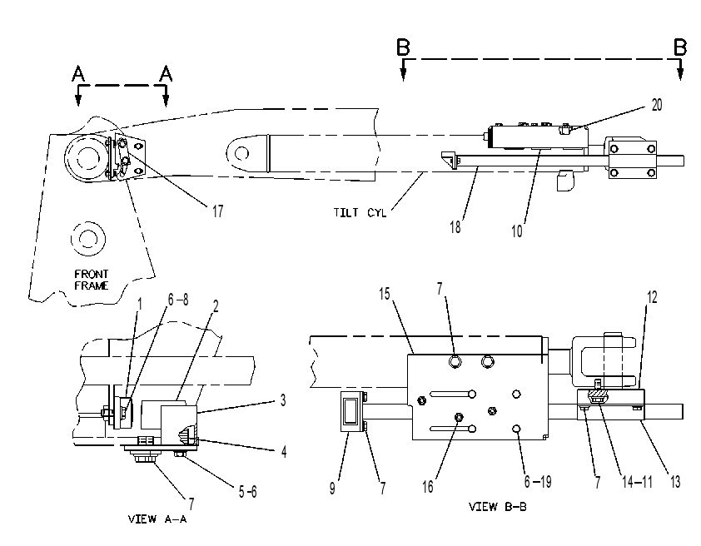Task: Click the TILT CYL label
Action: [x=360, y=212]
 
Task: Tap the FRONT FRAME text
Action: [x=92, y=280]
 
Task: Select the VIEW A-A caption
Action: [x=157, y=519]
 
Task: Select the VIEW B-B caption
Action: [x=498, y=507]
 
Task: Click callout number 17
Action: [x=218, y=211]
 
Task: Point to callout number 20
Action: [x=657, y=105]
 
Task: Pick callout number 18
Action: [x=455, y=227]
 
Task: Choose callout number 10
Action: [x=517, y=231]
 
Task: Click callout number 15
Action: [x=385, y=294]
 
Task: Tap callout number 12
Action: [x=652, y=297]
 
